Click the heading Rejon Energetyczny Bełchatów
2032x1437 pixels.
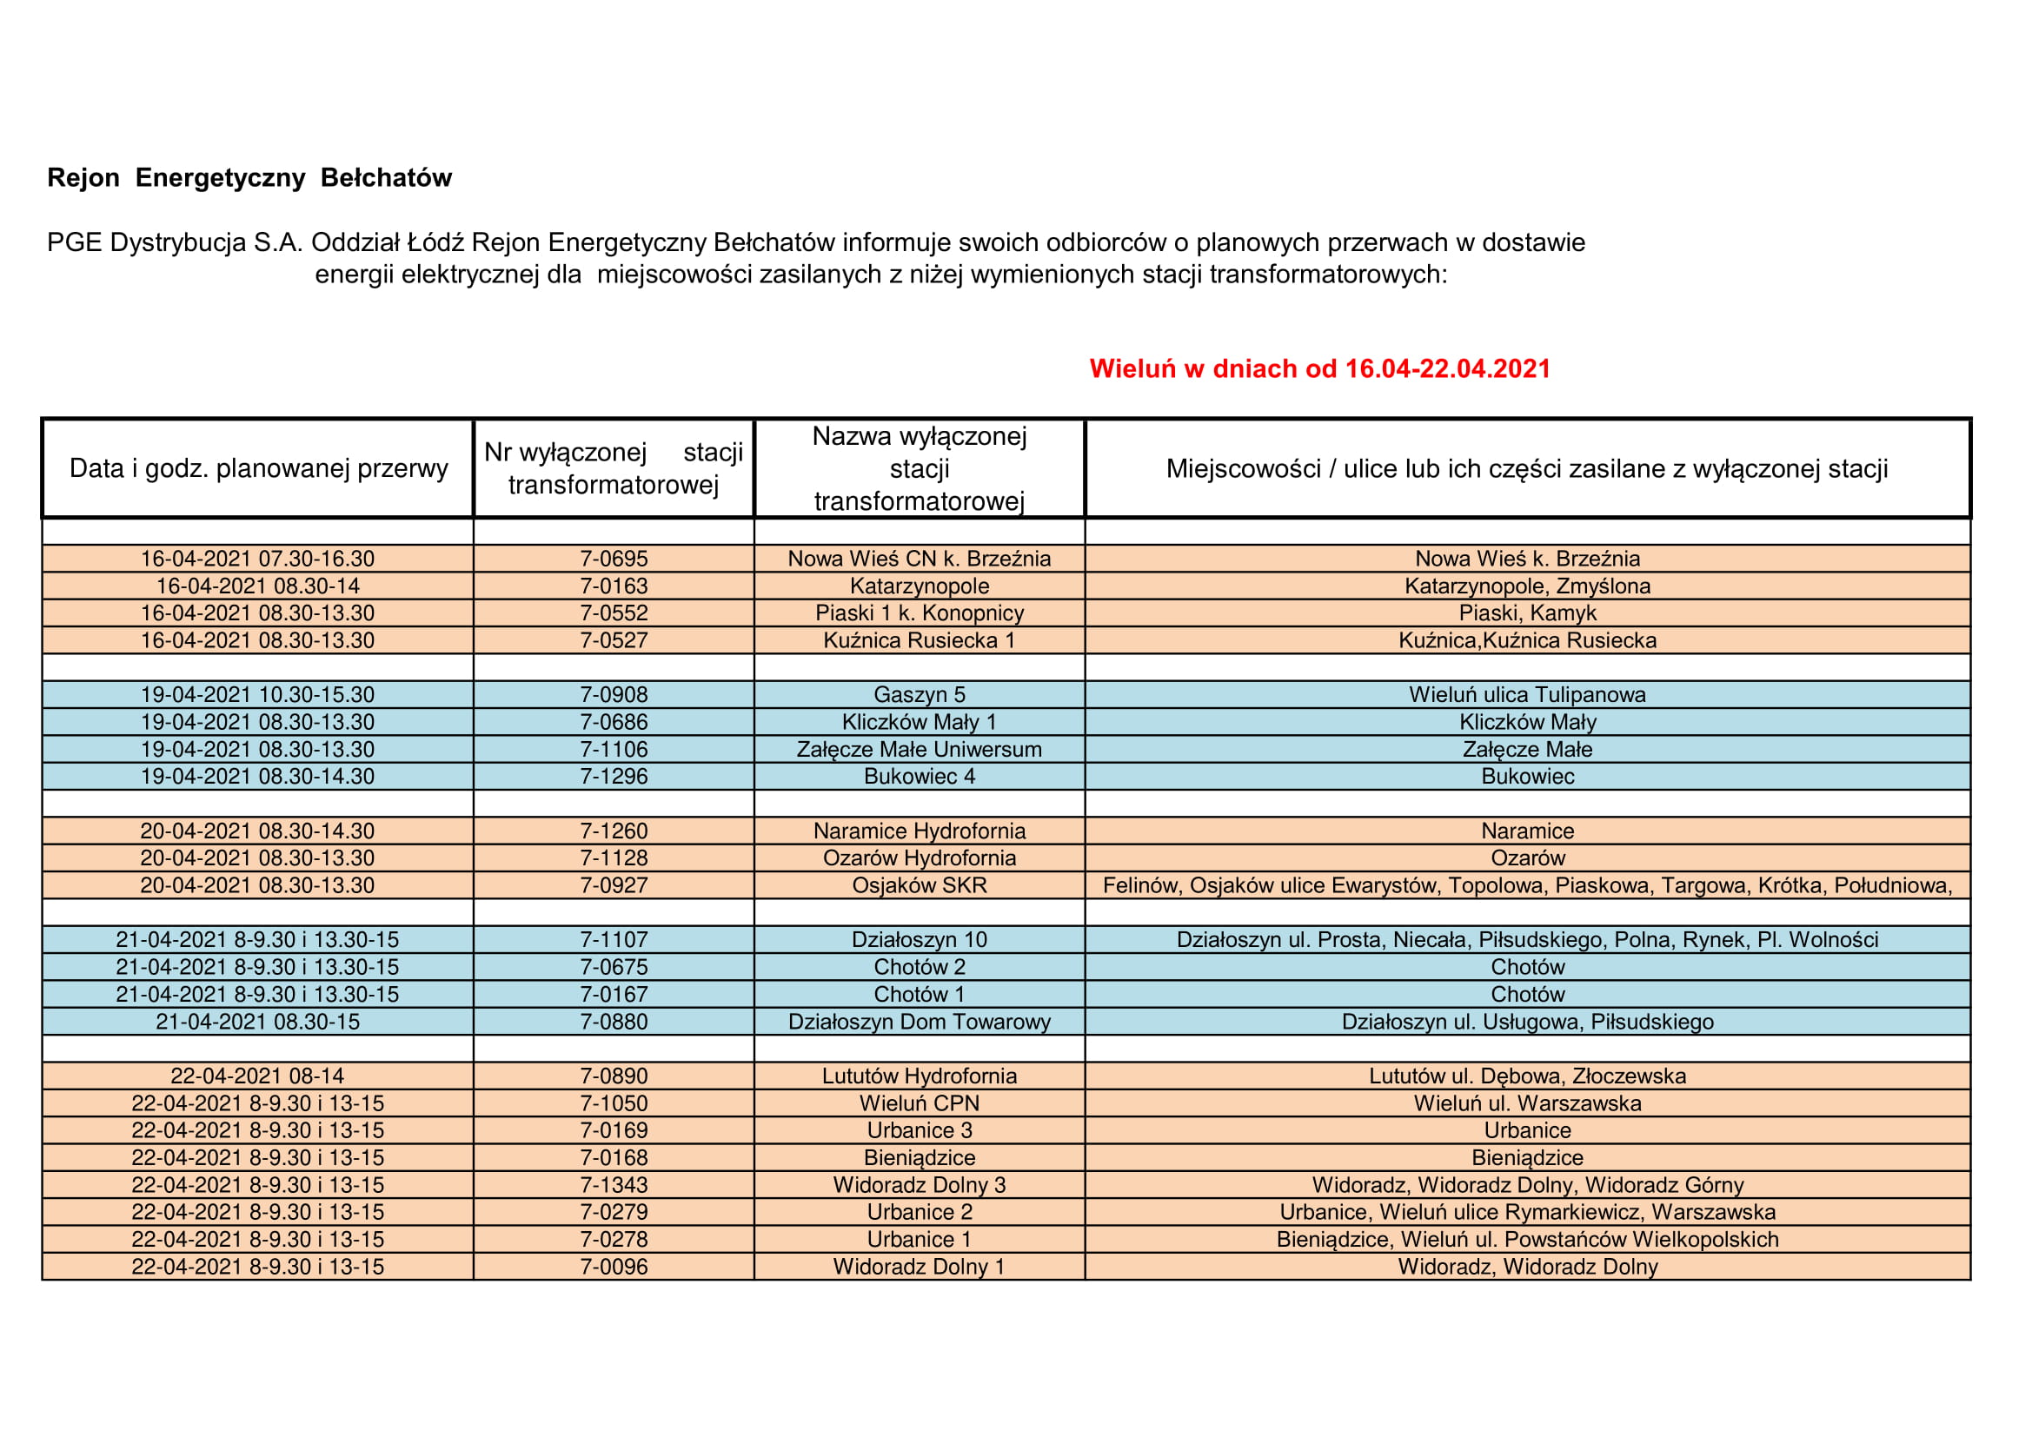coord(249,178)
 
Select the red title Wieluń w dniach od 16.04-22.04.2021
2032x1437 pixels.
coord(1318,369)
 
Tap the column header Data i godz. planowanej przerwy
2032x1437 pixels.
coord(258,468)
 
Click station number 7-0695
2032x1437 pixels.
coord(614,559)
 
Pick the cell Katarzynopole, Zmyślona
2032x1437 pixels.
coord(1527,586)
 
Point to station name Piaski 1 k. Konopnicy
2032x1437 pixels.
coord(919,613)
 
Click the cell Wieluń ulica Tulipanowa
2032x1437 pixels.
coord(1527,695)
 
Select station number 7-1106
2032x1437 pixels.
coord(614,750)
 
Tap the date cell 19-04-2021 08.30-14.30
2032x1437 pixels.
coord(257,776)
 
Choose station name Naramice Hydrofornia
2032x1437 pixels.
coord(919,831)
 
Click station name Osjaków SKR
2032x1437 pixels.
coord(919,884)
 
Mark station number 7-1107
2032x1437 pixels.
coord(614,940)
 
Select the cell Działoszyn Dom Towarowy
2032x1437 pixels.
coord(919,1021)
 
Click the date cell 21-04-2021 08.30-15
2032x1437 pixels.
coord(257,1021)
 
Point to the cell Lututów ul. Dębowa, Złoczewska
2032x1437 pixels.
coord(1527,1076)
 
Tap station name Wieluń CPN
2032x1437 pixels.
coord(919,1103)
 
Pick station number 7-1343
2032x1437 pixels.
coord(614,1185)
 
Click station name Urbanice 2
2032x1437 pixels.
coord(919,1212)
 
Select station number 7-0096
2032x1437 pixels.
coord(614,1266)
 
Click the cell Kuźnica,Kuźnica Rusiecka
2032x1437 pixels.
coord(1527,640)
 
